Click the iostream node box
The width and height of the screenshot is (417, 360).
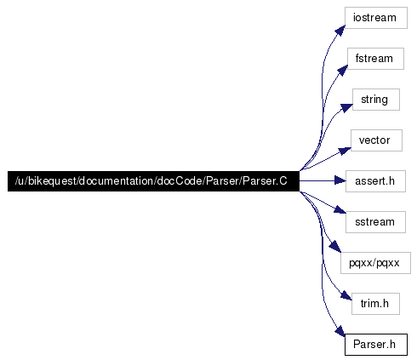click(x=376, y=18)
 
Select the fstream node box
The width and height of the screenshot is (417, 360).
click(x=375, y=59)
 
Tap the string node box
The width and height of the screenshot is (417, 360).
click(x=376, y=100)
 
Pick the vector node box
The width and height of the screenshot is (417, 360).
click(x=376, y=140)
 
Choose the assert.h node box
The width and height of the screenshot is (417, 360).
click(x=375, y=181)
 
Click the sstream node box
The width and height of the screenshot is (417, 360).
click(x=375, y=222)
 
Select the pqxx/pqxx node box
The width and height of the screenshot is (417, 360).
click(x=375, y=263)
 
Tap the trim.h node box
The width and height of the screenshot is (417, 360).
click(x=375, y=304)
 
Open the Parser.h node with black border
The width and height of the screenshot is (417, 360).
click(x=376, y=345)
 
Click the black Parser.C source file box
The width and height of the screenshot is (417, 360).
click(x=153, y=181)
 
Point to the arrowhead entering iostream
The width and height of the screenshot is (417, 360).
click(x=340, y=30)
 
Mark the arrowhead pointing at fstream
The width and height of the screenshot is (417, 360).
click(x=343, y=70)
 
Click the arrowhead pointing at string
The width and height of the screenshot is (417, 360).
click(x=346, y=108)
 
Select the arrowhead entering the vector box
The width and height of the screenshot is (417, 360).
click(x=345, y=151)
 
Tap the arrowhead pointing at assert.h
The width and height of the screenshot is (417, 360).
click(x=340, y=180)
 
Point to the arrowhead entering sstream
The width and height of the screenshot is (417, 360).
click(x=340, y=209)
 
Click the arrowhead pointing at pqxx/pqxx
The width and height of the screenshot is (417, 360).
click(x=335, y=246)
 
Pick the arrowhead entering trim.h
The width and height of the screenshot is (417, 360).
click(x=346, y=295)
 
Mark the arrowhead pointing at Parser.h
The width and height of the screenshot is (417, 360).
click(x=340, y=331)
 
